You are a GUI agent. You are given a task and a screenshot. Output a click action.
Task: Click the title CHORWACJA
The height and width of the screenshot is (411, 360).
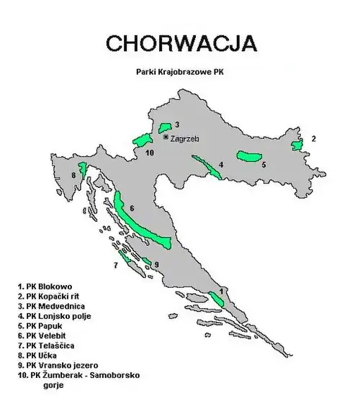click(x=180, y=42)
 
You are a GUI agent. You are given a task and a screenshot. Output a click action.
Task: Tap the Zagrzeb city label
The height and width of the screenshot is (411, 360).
click(x=185, y=137)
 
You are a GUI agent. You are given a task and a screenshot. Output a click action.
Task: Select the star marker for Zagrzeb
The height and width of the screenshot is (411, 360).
click(x=166, y=137)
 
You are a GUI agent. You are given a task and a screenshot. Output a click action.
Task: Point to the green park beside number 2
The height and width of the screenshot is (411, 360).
click(x=297, y=146)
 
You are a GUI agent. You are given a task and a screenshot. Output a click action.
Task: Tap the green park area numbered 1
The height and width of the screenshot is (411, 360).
click(x=216, y=298)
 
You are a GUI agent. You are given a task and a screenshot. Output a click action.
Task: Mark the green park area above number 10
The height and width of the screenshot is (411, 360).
click(x=142, y=140)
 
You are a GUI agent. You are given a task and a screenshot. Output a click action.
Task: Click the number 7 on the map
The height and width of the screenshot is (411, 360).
click(x=115, y=266)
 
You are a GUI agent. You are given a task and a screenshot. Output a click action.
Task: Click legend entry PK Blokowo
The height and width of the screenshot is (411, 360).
click(x=45, y=286)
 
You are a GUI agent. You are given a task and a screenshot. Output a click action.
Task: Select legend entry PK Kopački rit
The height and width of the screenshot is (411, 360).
click(x=50, y=296)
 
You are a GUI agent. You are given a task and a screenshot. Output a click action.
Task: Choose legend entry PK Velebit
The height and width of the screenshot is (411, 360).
click(x=45, y=335)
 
